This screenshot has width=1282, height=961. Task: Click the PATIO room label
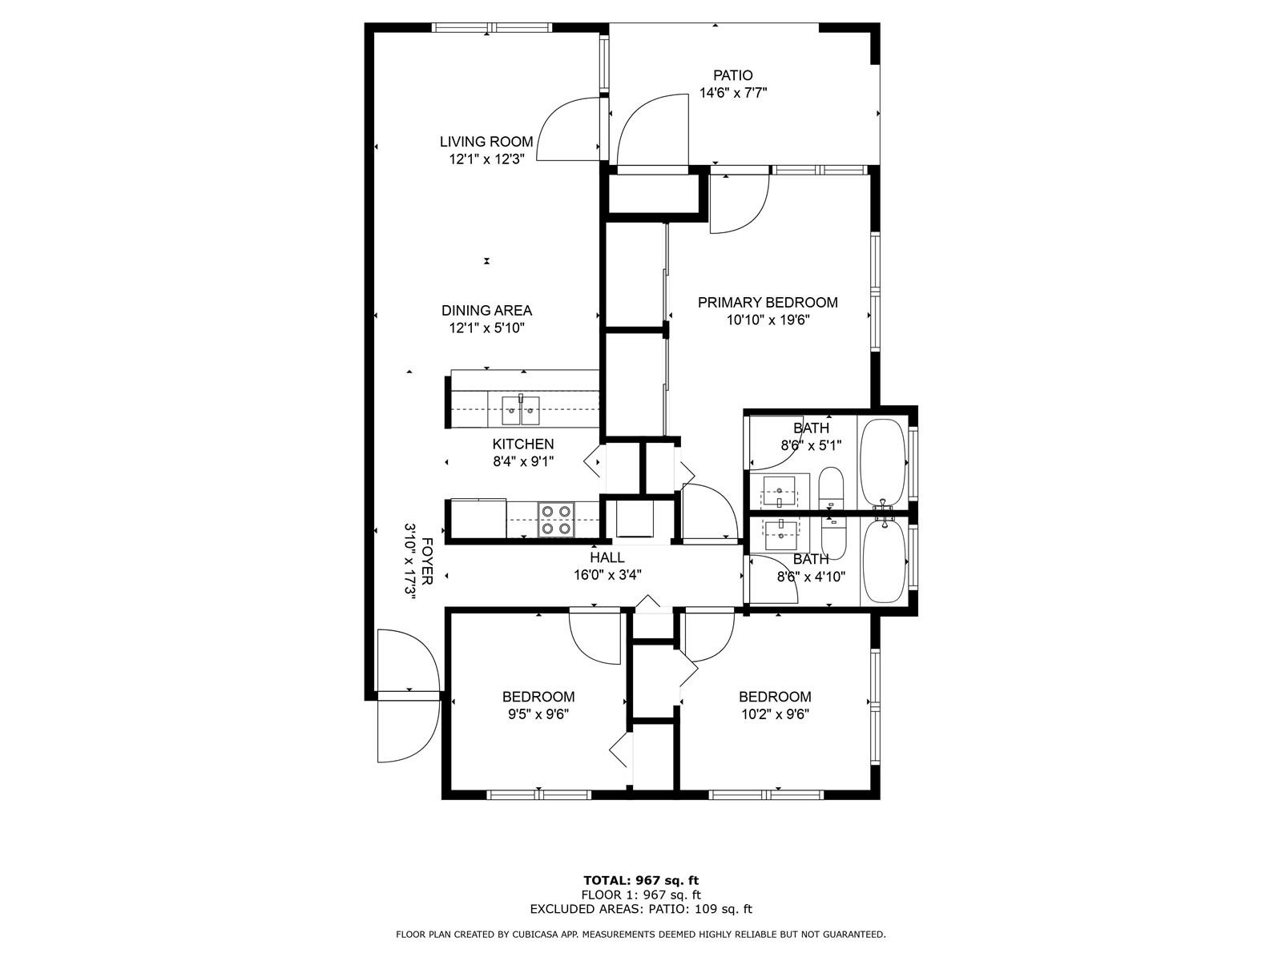click(x=732, y=75)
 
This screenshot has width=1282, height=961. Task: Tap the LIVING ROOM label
click(x=486, y=142)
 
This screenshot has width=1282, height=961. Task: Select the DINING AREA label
click(x=486, y=311)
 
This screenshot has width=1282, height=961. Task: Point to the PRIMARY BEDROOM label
click(x=768, y=302)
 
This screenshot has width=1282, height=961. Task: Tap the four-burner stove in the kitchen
click(x=555, y=519)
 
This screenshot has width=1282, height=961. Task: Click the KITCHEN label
click(x=522, y=444)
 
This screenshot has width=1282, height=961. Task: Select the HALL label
click(x=607, y=557)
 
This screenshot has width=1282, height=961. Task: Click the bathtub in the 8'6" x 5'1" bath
click(x=883, y=463)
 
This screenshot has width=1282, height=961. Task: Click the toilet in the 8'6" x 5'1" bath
click(x=831, y=488)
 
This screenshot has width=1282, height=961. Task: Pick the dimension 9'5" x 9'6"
click(x=538, y=714)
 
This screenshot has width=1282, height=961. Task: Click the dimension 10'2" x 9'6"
click(x=775, y=714)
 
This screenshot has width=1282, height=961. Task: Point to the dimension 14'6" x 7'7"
click(x=732, y=93)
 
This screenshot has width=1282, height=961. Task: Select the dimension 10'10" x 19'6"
click(x=768, y=320)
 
